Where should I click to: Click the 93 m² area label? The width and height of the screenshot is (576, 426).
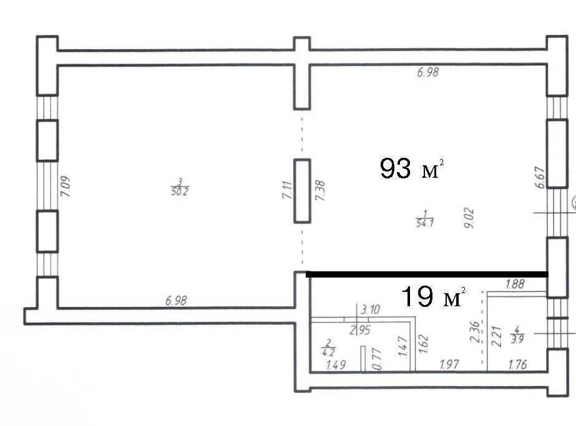point(412,168)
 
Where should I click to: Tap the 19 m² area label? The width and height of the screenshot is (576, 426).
point(434,296)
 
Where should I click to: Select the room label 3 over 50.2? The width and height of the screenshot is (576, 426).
point(180,187)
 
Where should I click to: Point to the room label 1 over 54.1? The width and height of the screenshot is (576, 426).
point(424,218)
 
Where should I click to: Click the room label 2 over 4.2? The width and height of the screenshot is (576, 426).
point(328,348)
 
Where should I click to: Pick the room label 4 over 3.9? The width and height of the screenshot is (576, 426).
point(517,334)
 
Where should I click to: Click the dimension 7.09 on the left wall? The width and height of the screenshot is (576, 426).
point(66,186)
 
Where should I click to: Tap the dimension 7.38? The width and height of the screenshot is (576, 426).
point(320,190)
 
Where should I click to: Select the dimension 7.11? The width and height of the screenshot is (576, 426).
point(287,190)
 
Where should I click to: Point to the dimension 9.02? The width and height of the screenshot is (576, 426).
point(469,218)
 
